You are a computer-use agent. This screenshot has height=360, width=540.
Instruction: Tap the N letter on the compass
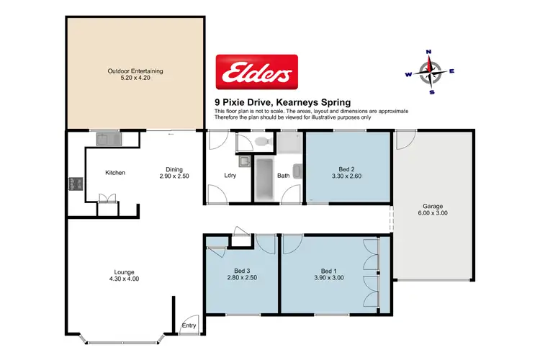429,52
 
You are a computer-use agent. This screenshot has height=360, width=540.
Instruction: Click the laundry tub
243,162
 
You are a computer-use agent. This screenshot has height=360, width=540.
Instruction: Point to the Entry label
189,325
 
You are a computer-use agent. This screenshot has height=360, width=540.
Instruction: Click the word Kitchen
116,173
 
